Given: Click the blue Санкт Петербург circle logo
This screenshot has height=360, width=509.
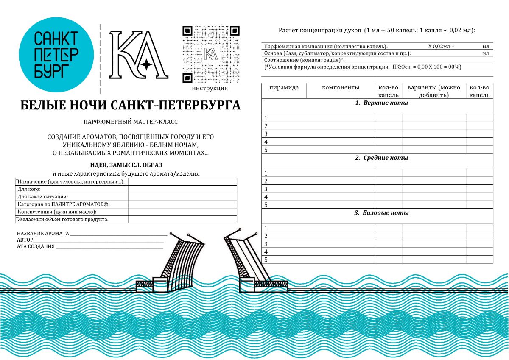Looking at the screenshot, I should [x=56, y=55].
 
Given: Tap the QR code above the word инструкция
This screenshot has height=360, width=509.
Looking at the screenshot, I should [x=211, y=54].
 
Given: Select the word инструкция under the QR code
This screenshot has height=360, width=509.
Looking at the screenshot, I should [x=210, y=89].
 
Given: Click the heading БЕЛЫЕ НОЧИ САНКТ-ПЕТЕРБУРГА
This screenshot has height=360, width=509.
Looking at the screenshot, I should [x=130, y=106].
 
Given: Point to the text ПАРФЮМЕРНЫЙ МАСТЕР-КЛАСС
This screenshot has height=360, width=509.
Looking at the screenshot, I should [x=131, y=122].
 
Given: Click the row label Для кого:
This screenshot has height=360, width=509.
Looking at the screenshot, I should [x=29, y=189].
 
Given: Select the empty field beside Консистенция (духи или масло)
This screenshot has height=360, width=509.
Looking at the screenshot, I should [x=182, y=212].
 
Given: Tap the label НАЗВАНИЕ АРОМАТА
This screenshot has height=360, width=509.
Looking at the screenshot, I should [x=43, y=234].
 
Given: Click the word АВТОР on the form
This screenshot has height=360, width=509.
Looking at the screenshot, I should [x=25, y=240].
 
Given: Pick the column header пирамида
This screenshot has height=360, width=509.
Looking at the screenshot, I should [x=284, y=88].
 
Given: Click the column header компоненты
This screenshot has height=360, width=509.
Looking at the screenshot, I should [x=341, y=88].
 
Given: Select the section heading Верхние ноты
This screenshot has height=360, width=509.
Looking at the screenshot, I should [x=381, y=103].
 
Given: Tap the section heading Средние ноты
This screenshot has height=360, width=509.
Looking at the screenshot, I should [x=381, y=158].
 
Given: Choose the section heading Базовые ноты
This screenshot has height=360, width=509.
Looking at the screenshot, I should [x=381, y=213].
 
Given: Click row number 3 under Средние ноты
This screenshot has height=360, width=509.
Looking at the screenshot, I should [x=266, y=189].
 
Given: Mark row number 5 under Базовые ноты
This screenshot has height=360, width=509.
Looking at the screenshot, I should [x=266, y=260].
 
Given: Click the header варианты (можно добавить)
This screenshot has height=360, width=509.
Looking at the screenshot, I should [x=433, y=91].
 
